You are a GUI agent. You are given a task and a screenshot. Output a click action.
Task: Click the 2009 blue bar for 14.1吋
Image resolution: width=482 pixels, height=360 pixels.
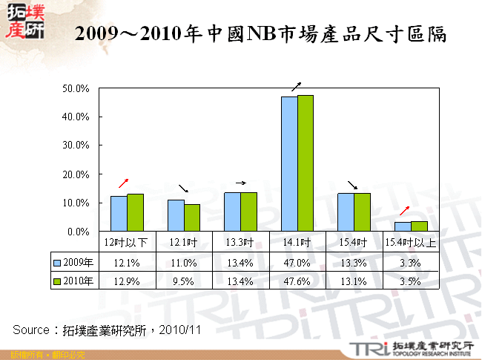click(x=289, y=164)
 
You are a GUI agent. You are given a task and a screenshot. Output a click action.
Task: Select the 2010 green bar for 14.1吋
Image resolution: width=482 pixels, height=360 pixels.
click(x=305, y=163)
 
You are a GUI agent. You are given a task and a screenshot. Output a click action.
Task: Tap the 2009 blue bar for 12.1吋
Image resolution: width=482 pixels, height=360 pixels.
click(x=176, y=215)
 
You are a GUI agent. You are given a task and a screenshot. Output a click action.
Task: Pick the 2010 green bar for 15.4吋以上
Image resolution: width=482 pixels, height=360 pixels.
click(x=419, y=226)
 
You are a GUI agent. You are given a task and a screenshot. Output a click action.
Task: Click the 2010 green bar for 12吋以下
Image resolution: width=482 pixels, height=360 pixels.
click(x=135, y=213)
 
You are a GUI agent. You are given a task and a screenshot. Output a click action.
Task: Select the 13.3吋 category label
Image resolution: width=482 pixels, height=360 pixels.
click(x=242, y=242)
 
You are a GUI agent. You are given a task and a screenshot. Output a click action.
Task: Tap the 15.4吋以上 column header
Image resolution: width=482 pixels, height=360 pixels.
click(x=411, y=242)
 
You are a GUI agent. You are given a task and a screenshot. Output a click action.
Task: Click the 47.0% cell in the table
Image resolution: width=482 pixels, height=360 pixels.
click(x=297, y=262)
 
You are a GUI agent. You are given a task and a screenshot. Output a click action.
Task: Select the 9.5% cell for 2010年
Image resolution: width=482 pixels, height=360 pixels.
click(x=185, y=281)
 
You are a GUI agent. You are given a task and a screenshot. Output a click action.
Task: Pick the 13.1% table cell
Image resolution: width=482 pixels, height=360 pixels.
click(x=354, y=281)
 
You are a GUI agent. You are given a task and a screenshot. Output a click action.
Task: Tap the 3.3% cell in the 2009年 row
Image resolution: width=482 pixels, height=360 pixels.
click(x=411, y=262)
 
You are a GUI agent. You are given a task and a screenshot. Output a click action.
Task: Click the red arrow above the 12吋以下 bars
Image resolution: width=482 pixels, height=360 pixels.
click(x=124, y=183)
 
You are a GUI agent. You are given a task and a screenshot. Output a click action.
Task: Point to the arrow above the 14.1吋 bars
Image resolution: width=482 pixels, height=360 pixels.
click(x=297, y=85)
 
